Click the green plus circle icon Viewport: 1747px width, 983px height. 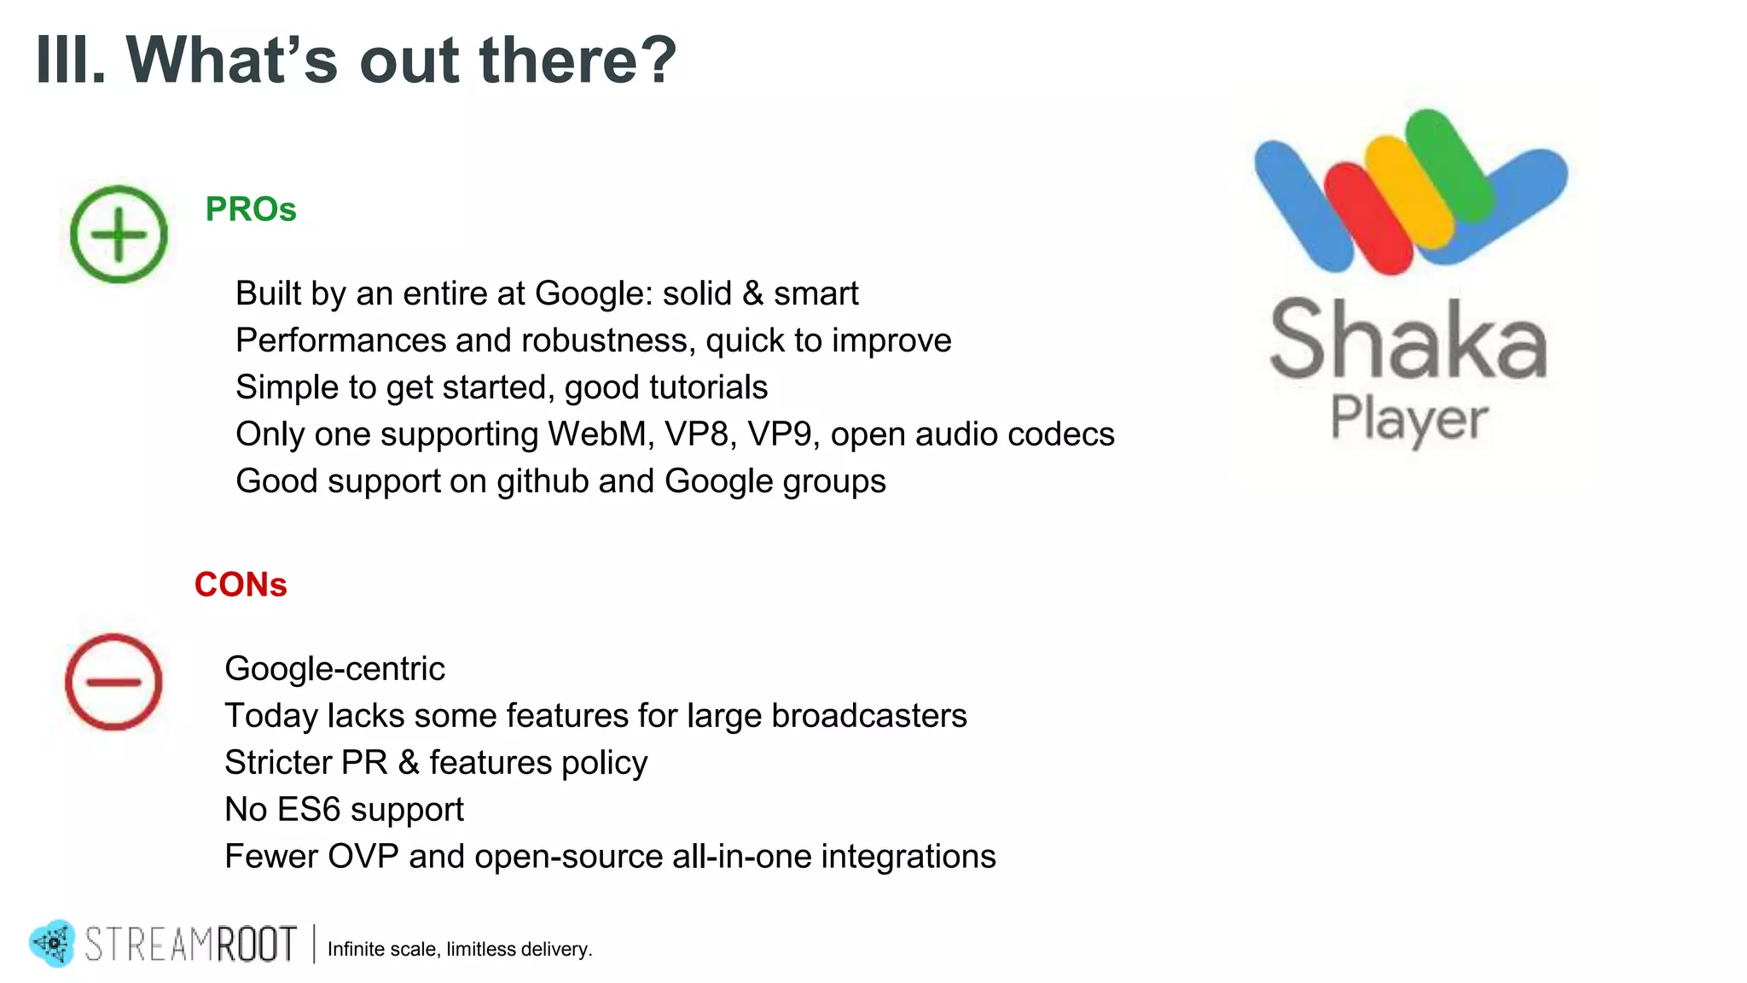(119, 234)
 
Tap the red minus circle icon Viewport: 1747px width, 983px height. (113, 682)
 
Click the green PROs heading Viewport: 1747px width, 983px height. (250, 209)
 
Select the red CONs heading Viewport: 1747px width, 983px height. (241, 585)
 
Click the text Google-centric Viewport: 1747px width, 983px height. (334, 669)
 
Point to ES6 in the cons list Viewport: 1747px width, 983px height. (308, 810)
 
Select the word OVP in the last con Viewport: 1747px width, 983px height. (363, 857)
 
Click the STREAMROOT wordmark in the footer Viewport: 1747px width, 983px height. (191, 944)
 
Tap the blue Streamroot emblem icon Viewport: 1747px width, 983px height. (53, 943)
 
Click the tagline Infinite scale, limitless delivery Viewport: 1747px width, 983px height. (460, 949)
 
